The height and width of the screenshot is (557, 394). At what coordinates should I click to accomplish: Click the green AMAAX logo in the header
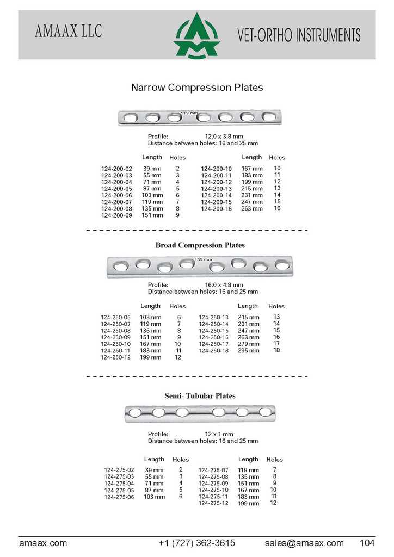click(x=196, y=35)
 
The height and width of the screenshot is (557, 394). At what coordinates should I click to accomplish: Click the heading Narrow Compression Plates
click(x=197, y=88)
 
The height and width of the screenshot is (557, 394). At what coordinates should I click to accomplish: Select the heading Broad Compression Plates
click(x=200, y=245)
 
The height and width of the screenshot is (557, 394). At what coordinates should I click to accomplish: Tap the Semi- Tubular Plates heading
click(x=200, y=396)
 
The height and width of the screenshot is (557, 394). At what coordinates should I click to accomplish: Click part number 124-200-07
click(x=116, y=202)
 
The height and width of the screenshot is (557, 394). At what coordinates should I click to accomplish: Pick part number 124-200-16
click(x=216, y=208)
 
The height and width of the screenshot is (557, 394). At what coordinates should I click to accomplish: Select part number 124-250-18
click(x=213, y=351)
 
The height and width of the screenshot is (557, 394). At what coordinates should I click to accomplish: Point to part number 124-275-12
click(x=213, y=503)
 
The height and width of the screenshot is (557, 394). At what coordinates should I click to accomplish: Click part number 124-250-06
click(x=115, y=317)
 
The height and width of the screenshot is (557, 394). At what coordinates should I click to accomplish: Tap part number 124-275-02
click(x=119, y=470)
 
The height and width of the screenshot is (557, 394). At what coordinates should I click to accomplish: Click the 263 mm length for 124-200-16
click(x=251, y=208)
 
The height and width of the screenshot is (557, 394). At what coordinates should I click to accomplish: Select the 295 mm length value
click(x=249, y=351)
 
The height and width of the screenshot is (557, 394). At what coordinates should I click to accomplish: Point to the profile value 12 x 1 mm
click(x=219, y=434)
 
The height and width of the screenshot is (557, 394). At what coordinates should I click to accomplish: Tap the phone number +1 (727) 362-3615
click(x=196, y=543)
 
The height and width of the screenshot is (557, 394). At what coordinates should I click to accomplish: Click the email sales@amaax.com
click(x=304, y=543)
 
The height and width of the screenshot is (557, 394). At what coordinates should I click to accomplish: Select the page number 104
click(x=367, y=543)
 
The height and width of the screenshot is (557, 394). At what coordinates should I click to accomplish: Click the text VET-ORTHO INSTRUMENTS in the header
click(x=299, y=35)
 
